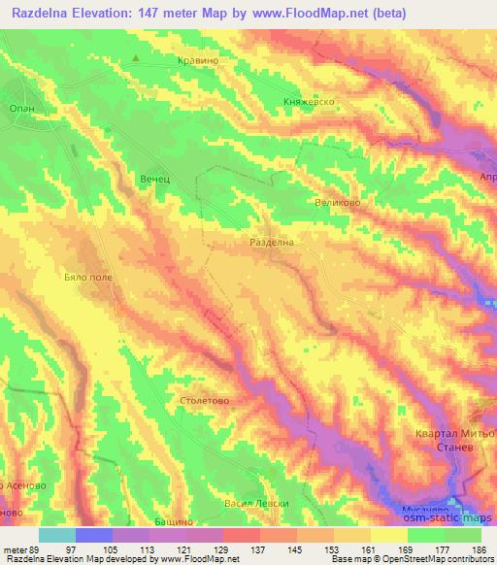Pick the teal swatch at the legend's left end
coord(57,534)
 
